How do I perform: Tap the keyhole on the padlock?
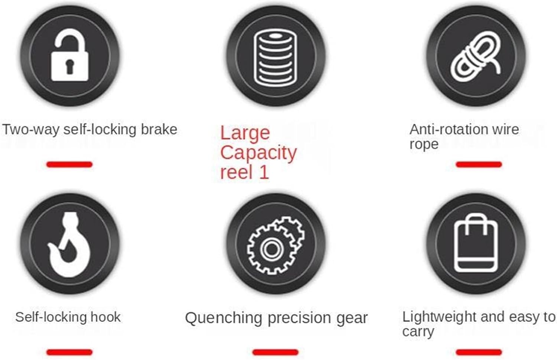pyautogui.click(x=70, y=66)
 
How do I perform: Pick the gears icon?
pyautogui.click(x=276, y=245)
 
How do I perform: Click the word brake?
pyautogui.click(x=159, y=129)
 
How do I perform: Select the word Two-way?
pyautogui.click(x=31, y=130)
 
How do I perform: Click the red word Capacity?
pyautogui.click(x=258, y=153)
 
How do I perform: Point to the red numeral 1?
pyautogui.click(x=264, y=172)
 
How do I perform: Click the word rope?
pyautogui.click(x=424, y=144)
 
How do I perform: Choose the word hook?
pyautogui.click(x=105, y=317)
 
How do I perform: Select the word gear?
pyautogui.click(x=352, y=318)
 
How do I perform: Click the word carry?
pyautogui.click(x=418, y=332)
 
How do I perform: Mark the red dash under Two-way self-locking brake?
pyautogui.click(x=69, y=164)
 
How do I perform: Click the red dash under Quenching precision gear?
pyautogui.click(x=275, y=352)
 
